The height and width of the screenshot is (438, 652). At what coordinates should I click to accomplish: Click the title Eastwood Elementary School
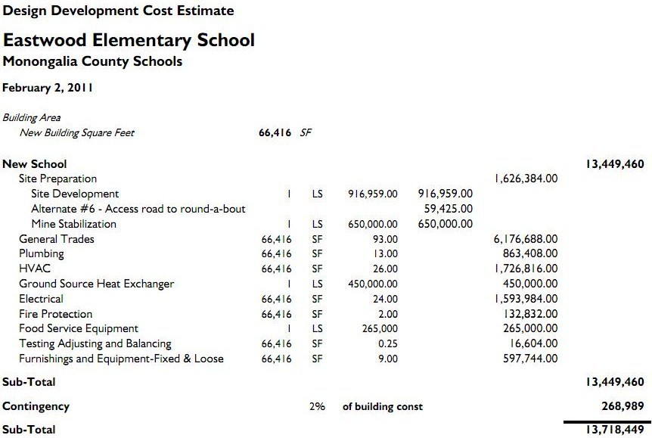(129, 40)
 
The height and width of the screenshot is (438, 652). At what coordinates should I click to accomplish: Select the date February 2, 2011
(48, 88)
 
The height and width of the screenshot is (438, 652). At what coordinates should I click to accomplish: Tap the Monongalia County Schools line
(92, 61)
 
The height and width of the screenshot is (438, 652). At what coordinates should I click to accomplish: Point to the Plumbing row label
(42, 254)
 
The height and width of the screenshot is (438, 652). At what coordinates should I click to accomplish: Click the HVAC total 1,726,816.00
(526, 269)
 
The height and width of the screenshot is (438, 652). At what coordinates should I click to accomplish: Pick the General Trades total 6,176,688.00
(526, 239)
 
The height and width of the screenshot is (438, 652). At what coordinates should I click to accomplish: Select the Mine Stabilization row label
(74, 224)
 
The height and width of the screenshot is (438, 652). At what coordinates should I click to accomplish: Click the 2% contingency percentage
(317, 406)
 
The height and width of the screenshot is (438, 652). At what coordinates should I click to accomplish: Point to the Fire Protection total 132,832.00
(530, 314)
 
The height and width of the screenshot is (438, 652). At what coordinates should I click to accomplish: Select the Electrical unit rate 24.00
(385, 299)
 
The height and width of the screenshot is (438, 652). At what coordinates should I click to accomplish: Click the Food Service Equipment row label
(79, 328)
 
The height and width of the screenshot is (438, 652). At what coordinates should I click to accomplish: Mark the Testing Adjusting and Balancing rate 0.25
(388, 343)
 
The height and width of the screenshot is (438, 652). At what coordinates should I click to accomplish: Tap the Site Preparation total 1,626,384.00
(526, 179)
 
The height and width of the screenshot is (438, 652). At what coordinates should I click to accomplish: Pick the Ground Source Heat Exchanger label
(96, 284)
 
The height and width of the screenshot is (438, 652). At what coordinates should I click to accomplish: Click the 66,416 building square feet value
(275, 133)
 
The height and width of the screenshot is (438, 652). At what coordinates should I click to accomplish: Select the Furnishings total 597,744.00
(530, 359)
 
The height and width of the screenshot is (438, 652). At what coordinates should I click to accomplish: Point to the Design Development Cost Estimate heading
(118, 11)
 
